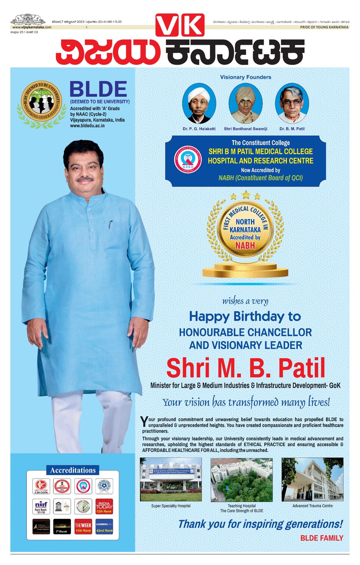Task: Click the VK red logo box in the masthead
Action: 180,25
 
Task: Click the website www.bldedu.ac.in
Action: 87,125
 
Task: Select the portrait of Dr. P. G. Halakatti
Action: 199,104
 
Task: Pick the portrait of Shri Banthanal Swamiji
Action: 245,103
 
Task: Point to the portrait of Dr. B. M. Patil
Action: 292,103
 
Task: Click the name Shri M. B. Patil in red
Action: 245,368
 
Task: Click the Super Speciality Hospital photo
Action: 171,480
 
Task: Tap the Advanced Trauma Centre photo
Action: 312,480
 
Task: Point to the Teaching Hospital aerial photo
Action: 241,480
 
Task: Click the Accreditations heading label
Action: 73,470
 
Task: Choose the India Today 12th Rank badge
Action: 104,506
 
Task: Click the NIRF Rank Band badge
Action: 41,506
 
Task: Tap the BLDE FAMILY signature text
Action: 321,538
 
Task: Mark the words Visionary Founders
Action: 245,77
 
